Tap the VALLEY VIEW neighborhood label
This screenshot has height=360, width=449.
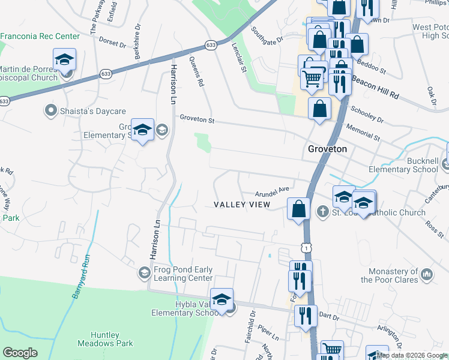tap(243, 205)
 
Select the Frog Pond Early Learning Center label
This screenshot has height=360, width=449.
tap(183, 274)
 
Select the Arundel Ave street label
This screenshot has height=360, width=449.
tap(273, 191)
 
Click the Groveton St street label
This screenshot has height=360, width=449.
tap(197, 119)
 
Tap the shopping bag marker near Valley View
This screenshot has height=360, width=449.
tap(298, 209)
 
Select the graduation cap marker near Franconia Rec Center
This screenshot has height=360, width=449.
tap(64, 60)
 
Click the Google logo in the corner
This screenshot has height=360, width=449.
tap(20, 353)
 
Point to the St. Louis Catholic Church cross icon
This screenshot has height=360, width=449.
tap(322, 212)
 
